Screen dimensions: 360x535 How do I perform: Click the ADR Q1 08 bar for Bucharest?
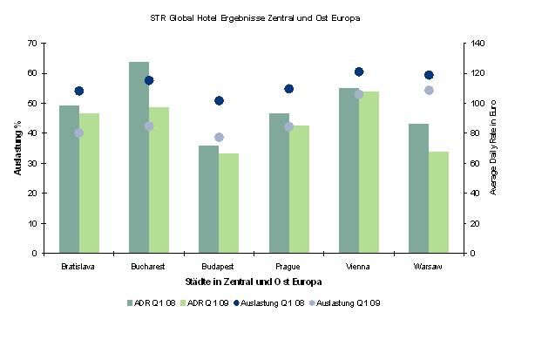[139, 157]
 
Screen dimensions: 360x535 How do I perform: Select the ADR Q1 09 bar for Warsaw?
[438, 202]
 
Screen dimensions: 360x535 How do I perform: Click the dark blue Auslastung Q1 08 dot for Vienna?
[359, 71]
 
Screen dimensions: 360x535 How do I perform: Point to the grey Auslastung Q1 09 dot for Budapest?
[219, 137]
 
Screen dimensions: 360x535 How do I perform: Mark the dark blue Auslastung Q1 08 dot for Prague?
[289, 89]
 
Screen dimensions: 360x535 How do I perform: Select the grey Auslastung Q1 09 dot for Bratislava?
[79, 132]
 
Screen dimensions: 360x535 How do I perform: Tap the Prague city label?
[288, 266]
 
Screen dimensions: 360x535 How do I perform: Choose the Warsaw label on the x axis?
[429, 266]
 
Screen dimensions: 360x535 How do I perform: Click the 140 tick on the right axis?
[476, 43]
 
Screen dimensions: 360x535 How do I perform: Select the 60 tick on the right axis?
[473, 163]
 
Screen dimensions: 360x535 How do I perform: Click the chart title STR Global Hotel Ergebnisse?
[256, 17]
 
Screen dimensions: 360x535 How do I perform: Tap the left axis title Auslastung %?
[17, 147]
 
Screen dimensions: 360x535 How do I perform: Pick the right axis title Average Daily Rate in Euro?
[493, 148]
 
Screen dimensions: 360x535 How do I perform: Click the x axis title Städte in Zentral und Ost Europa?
[254, 282]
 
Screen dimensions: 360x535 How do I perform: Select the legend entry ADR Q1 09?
[211, 302]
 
